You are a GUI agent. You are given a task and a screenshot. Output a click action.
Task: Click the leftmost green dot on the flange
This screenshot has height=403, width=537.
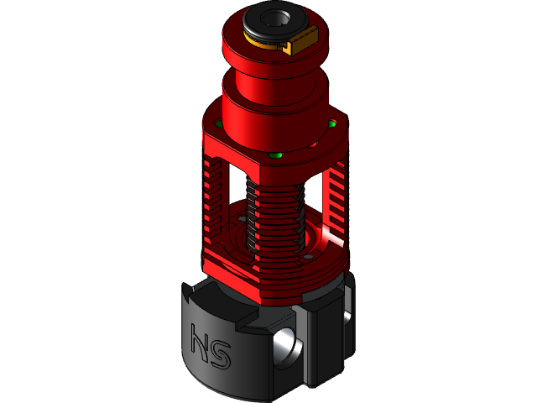point(220,124)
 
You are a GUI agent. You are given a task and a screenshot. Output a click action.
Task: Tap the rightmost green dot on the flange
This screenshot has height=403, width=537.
point(332,124)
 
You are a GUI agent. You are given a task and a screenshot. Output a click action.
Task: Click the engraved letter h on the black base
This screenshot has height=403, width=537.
point(201,343)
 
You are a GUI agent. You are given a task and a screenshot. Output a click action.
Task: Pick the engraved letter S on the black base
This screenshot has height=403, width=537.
point(221,353)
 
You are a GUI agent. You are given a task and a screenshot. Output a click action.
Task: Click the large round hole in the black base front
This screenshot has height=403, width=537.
point(284,346)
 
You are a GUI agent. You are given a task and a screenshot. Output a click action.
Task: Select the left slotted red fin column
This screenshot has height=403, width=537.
point(216,201)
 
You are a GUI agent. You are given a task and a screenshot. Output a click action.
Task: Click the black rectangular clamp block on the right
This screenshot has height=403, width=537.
point(323,336)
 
